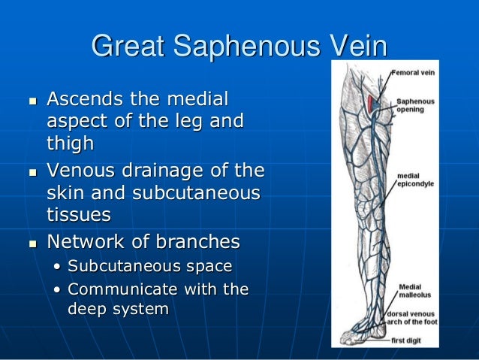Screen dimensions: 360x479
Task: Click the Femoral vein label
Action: click(414, 74)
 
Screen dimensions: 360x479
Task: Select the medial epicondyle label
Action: click(415, 180)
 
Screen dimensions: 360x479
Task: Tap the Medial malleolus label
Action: click(414, 290)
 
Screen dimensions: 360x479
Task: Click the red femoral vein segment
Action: click(372, 104)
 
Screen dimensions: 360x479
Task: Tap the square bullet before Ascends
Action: click(31, 100)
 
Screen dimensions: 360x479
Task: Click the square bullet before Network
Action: click(31, 244)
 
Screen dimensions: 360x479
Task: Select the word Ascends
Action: click(84, 99)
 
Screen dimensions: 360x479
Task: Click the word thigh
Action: click(71, 142)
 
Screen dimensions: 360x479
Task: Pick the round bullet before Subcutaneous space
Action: click(59, 267)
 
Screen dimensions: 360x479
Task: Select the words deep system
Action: click(119, 309)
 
